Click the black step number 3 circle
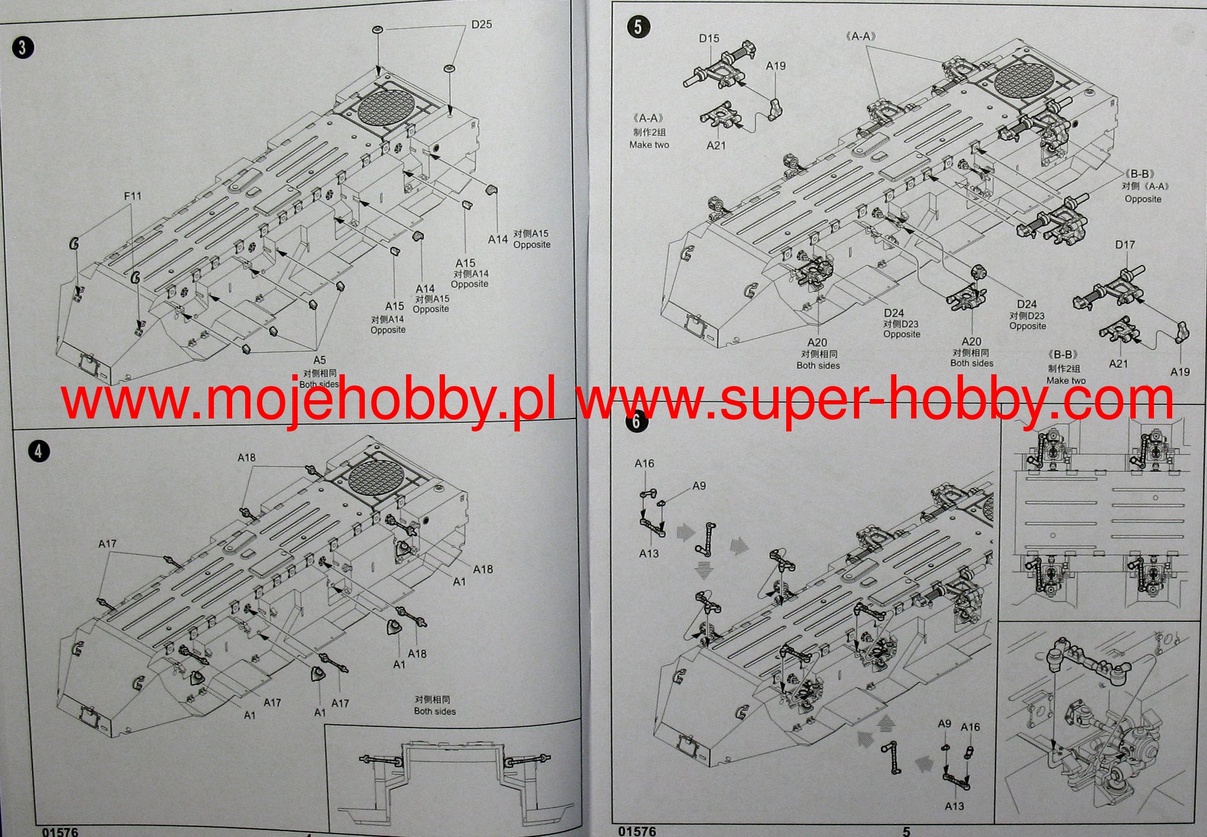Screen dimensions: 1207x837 [x=22, y=47]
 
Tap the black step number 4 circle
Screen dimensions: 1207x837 [x=38, y=452]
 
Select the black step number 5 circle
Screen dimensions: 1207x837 [x=639, y=27]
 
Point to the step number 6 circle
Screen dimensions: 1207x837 [x=636, y=421]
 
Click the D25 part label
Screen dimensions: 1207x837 [x=481, y=25]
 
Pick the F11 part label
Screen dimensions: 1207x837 [x=133, y=196]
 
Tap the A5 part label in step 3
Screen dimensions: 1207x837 [x=319, y=360]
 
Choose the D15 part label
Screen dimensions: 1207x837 [x=709, y=38]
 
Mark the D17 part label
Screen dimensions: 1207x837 [x=1124, y=245]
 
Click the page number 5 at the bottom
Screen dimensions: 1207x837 [x=906, y=831]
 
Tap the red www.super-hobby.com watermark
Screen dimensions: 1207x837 [x=875, y=401]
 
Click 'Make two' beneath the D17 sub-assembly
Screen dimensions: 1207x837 [x=1066, y=381]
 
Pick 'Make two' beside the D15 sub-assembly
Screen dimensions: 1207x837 [x=649, y=145]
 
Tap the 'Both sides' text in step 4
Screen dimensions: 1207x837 [x=434, y=711]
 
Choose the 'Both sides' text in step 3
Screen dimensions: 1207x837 [x=319, y=384]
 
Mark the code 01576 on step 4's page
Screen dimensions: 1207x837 [x=60, y=832]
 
